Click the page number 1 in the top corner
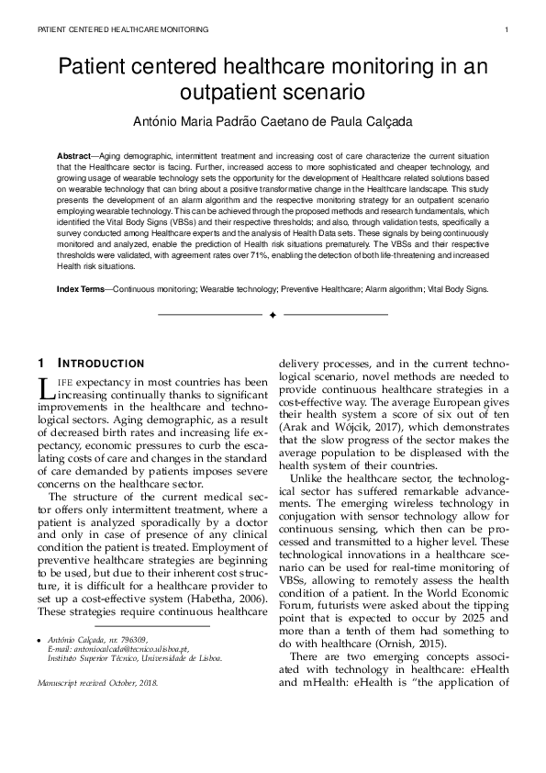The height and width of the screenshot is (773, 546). point(507,29)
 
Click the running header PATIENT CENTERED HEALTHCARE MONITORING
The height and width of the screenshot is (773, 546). point(123,29)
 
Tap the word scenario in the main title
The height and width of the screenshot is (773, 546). point(325,93)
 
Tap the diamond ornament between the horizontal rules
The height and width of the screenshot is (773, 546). point(273,316)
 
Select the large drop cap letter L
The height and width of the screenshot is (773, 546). point(44,387)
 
